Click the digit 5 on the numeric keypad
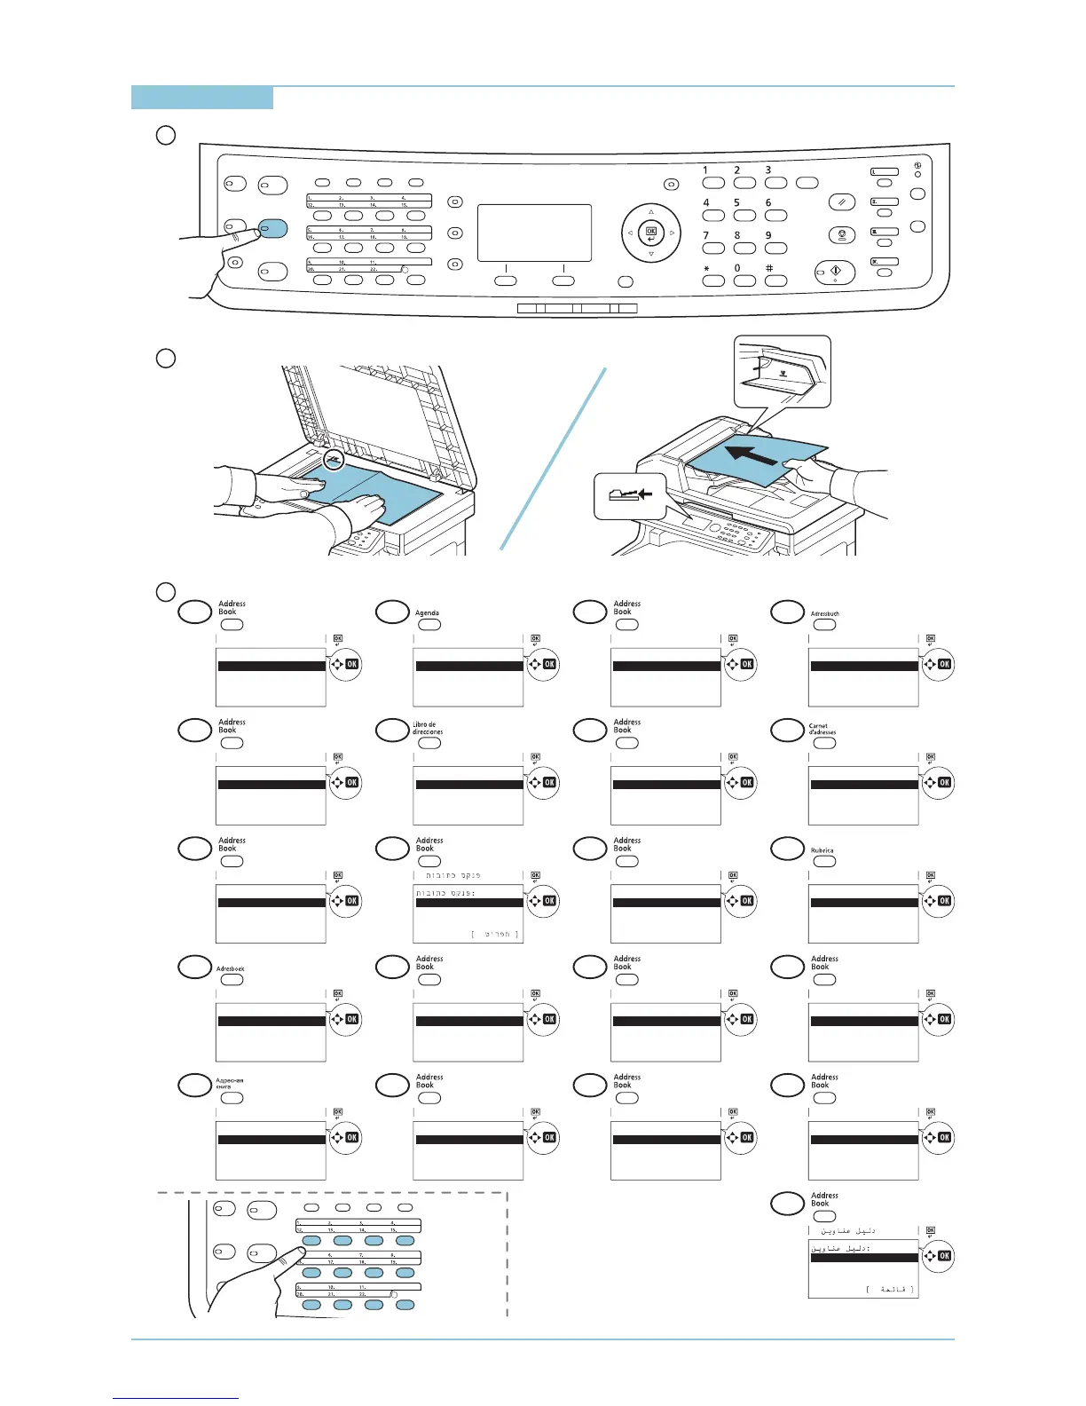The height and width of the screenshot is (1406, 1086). (736, 203)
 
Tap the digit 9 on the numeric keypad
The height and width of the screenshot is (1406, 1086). (768, 236)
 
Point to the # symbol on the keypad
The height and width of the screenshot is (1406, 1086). (768, 268)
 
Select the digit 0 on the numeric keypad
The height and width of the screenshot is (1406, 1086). (736, 268)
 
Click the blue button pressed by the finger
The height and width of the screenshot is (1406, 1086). (273, 228)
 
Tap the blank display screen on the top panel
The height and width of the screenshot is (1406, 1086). (534, 233)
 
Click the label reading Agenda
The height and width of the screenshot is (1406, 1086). (427, 613)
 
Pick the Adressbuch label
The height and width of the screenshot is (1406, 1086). (824, 613)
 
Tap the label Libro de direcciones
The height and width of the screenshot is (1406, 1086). (427, 728)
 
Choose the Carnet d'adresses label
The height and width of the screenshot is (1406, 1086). (822, 729)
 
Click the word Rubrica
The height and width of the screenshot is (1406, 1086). (822, 850)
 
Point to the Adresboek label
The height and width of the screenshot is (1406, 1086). (231, 968)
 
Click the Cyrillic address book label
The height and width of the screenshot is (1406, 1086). (229, 1084)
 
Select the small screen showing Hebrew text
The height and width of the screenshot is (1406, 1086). (468, 913)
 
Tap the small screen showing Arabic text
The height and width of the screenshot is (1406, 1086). (862, 1268)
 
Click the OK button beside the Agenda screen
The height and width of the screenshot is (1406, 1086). (549, 664)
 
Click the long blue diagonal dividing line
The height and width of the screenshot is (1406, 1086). (554, 459)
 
